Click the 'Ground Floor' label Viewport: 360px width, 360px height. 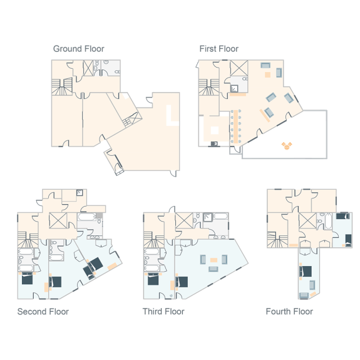pos(78,49)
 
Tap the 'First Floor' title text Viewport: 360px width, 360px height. pos(219,49)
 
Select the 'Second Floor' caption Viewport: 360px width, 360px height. pos(43,311)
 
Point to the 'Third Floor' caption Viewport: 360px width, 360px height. pos(163,311)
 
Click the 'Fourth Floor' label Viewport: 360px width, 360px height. pos(289,311)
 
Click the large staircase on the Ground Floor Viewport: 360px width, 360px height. pos(62,86)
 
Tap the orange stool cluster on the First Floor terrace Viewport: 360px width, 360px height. pos(287,146)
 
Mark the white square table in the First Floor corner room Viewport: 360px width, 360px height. pos(214,130)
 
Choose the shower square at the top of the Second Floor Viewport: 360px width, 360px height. pos(80,193)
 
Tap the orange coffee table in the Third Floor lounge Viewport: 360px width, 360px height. pos(213,259)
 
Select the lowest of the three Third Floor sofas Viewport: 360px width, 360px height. pos(213,269)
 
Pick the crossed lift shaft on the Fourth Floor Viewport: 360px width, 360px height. pos(307,221)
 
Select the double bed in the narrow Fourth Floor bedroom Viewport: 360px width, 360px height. pos(306,271)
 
